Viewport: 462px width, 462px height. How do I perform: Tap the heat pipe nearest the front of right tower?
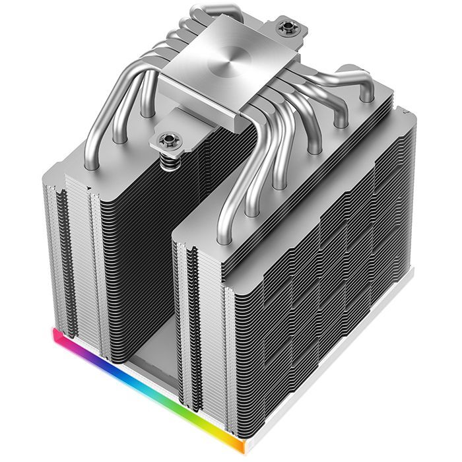tap(231, 198)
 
